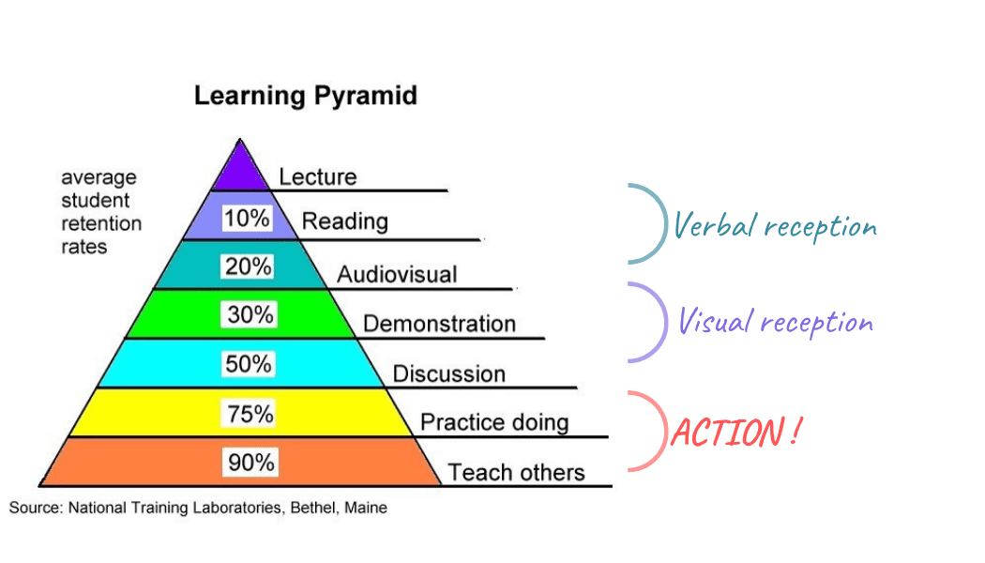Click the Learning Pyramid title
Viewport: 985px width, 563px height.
click(x=305, y=96)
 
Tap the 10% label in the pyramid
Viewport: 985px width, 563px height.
click(x=247, y=218)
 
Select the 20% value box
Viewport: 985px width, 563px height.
click(x=249, y=266)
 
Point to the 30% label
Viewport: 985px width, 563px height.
click(x=250, y=314)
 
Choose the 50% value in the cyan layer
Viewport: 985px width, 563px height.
click(x=249, y=364)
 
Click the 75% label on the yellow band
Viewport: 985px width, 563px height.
click(x=250, y=414)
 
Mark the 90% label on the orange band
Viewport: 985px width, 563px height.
click(x=250, y=463)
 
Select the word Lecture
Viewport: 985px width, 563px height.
click(x=318, y=176)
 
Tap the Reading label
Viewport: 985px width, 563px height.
click(x=345, y=221)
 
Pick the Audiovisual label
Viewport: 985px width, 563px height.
click(x=397, y=275)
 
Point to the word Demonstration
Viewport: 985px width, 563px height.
click(x=439, y=324)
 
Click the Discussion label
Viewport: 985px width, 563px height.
click(x=449, y=373)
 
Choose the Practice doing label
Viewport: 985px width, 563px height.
click(x=494, y=422)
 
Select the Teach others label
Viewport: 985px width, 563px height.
click(x=516, y=473)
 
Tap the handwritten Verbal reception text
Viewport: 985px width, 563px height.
click(x=775, y=226)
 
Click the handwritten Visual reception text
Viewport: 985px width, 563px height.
click(x=776, y=322)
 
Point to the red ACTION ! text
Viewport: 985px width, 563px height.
click(x=735, y=433)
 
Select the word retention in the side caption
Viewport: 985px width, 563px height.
click(x=101, y=223)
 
